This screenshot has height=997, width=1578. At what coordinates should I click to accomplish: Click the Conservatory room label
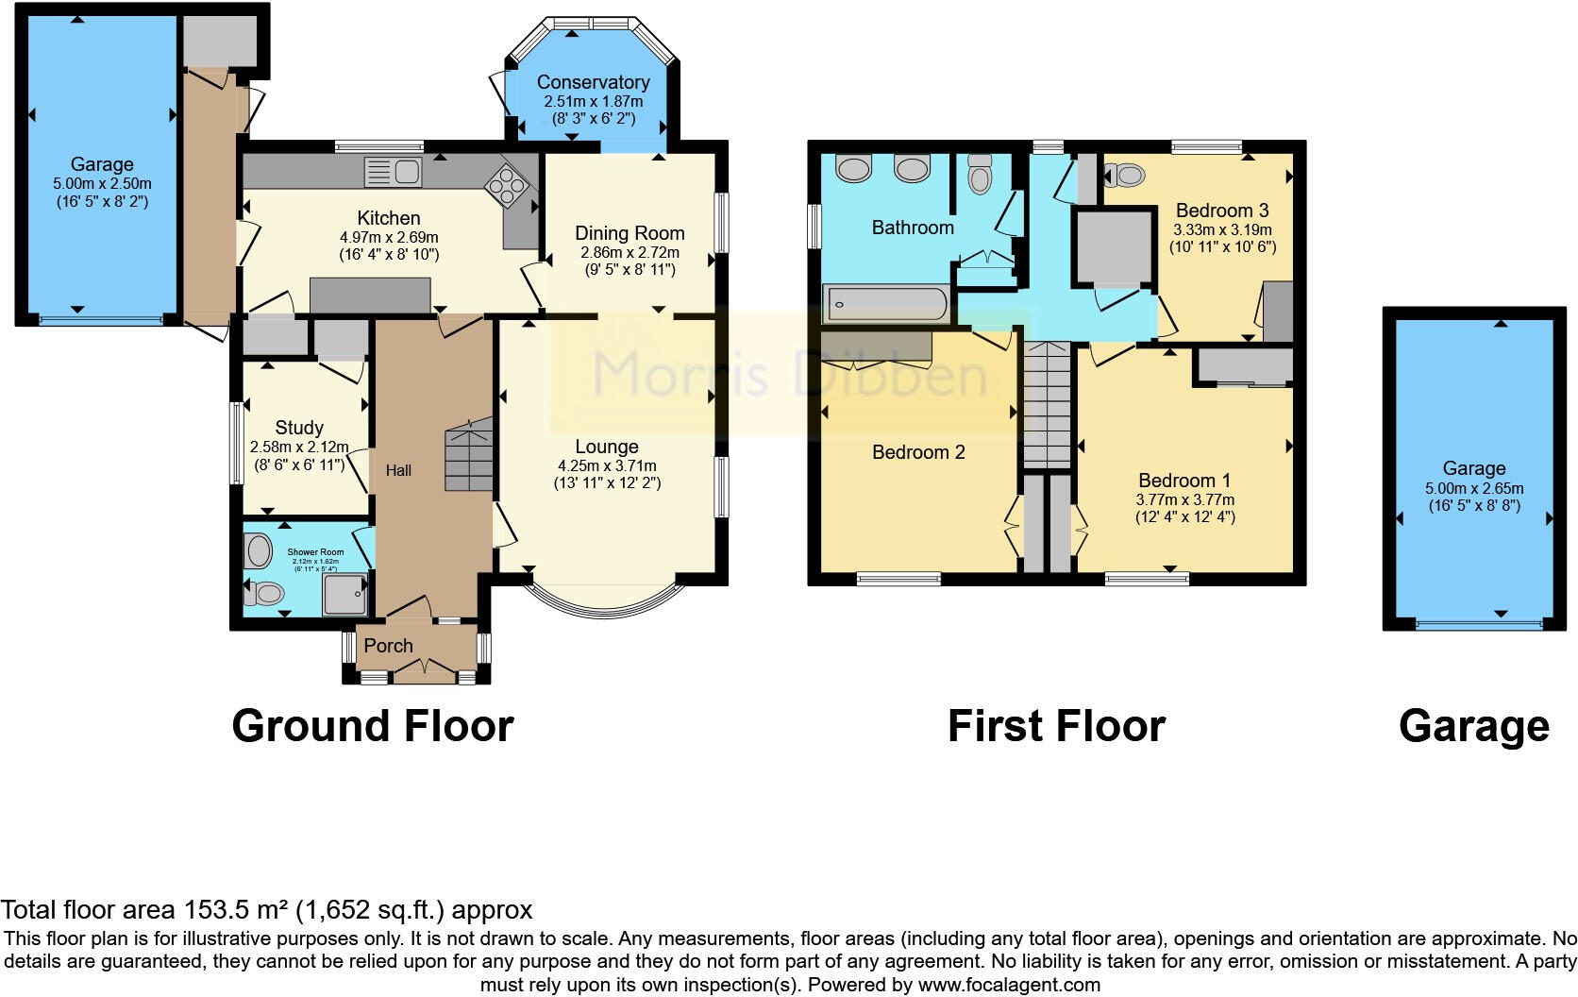coord(593,82)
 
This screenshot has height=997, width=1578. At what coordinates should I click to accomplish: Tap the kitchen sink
coord(393,173)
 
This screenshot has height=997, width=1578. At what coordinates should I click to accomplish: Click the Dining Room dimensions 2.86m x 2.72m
coord(630,253)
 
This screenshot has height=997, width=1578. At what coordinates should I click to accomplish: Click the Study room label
coord(299,428)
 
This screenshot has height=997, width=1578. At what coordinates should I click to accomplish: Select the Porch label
coord(388,646)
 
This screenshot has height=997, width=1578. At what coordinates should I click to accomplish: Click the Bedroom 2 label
coord(918,452)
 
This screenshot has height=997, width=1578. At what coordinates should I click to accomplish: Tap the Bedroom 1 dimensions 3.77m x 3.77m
coord(1184,499)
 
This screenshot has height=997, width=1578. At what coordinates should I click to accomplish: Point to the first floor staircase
coord(1048,406)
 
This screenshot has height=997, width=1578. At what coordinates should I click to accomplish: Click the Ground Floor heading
coord(373,726)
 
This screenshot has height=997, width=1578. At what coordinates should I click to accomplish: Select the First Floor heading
coord(1056,726)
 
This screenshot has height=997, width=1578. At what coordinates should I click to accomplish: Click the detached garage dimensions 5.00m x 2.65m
coord(1474,489)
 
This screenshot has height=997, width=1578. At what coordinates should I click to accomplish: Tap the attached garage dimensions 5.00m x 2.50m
coord(102,184)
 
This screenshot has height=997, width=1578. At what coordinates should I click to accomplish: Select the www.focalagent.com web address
coord(1009,985)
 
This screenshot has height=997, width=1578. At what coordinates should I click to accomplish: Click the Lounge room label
coord(607,447)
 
